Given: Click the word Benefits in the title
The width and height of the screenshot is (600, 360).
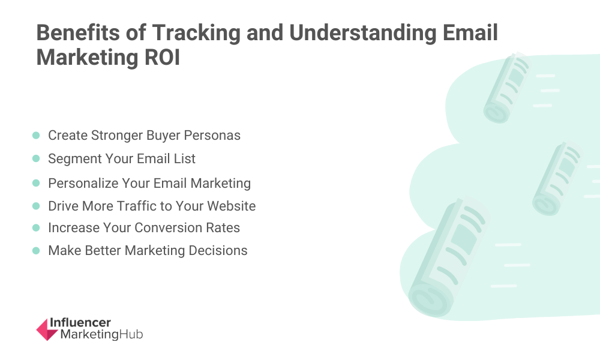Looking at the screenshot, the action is pyautogui.click(x=77, y=32).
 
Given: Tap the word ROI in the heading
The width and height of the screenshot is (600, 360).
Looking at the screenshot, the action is pyautogui.click(x=162, y=58).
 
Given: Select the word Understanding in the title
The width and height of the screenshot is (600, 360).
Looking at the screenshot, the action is pyautogui.click(x=362, y=34).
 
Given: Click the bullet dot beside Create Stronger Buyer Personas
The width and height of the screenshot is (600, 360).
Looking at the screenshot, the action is pyautogui.click(x=36, y=136).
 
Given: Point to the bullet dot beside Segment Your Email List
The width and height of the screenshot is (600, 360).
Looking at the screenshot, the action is pyautogui.click(x=36, y=158).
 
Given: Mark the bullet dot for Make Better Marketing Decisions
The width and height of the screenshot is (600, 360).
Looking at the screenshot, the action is pyautogui.click(x=36, y=251).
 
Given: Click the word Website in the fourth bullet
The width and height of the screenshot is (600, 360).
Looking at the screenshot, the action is pyautogui.click(x=232, y=206).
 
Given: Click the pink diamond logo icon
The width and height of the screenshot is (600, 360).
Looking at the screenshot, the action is pyautogui.click(x=47, y=329).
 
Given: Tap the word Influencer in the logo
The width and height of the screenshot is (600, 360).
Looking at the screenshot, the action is pyautogui.click(x=80, y=323).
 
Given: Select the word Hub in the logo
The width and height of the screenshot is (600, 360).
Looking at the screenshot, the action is pyautogui.click(x=131, y=334).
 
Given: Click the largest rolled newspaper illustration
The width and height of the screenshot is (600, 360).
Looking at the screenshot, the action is pyautogui.click(x=447, y=258).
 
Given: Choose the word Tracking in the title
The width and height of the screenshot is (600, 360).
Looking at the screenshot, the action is pyautogui.click(x=196, y=34).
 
